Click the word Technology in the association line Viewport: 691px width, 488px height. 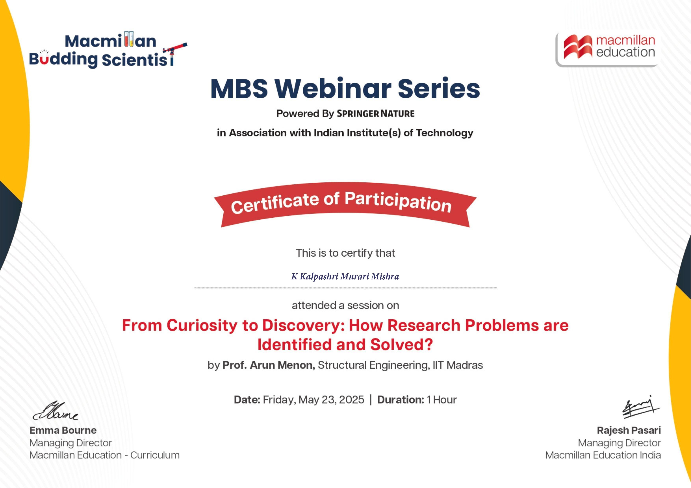pyautogui.click(x=445, y=133)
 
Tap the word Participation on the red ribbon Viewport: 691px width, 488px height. pyautogui.click(x=398, y=202)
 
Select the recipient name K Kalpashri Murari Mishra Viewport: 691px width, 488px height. pyautogui.click(x=345, y=276)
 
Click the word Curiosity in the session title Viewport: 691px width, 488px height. pyautogui.click(x=202, y=326)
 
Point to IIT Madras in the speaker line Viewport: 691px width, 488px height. pyautogui.click(x=458, y=365)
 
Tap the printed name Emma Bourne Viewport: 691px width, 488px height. pyautogui.click(x=63, y=430)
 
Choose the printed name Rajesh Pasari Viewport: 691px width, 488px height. pyautogui.click(x=629, y=430)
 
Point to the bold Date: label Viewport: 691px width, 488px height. pyautogui.click(x=247, y=400)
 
